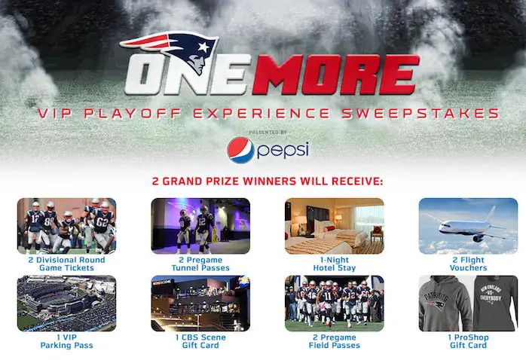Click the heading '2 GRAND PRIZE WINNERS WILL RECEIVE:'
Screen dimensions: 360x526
pos(263,182)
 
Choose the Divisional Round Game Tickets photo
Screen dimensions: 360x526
pos(66,225)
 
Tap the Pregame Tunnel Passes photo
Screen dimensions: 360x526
pos(200,225)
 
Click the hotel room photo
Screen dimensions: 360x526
pos(334,225)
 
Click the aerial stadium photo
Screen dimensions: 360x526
pos(66,303)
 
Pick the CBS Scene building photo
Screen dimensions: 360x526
pos(200,303)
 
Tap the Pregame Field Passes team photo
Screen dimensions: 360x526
pos(334,303)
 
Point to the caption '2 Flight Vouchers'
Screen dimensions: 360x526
pos(468,264)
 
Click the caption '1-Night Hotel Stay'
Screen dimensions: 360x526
pos(334,264)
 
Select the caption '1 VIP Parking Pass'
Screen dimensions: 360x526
pos(66,341)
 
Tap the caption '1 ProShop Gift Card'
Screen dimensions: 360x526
pos(468,341)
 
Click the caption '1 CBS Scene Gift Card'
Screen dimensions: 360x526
pos(200,341)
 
